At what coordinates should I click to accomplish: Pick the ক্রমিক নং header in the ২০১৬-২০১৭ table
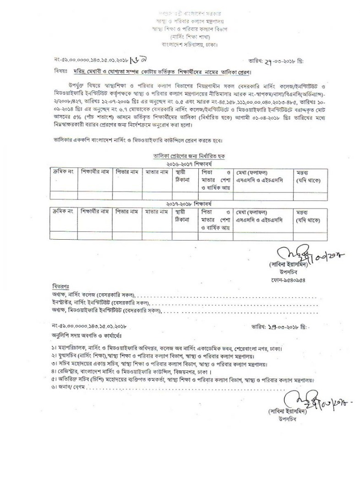click(x=62, y=172)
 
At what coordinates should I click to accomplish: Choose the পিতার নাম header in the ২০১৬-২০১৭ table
click(x=127, y=172)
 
